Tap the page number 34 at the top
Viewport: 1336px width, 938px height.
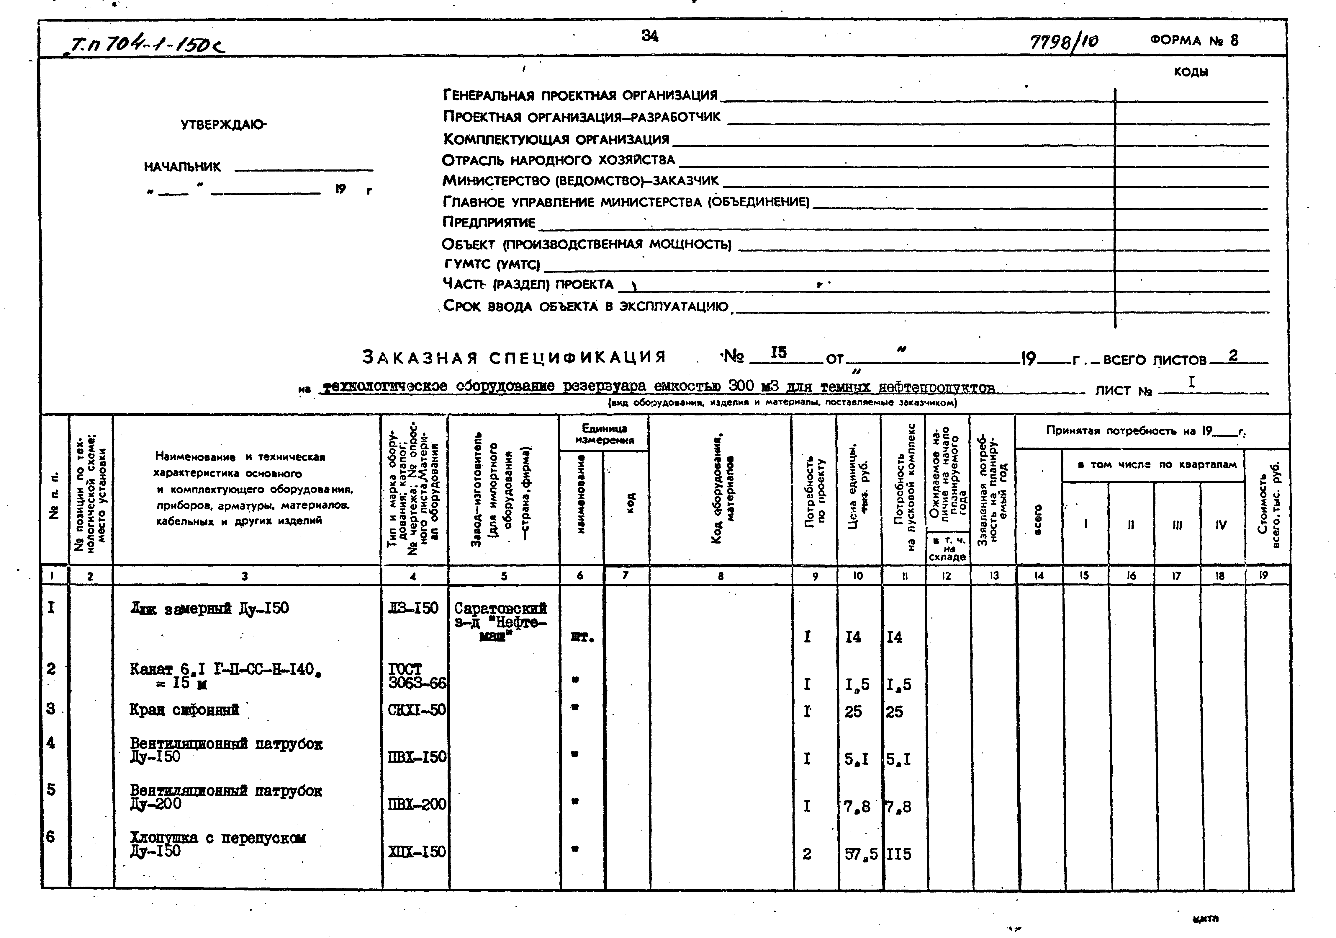tap(650, 36)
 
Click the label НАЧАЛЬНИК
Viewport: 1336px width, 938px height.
tap(183, 167)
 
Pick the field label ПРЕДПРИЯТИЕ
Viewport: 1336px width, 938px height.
tap(489, 222)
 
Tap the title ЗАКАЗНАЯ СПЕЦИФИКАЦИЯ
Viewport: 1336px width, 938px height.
tap(514, 357)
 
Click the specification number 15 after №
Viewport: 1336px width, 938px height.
tap(779, 353)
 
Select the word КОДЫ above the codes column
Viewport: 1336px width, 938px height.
tap(1191, 72)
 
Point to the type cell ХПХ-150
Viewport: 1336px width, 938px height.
tap(417, 852)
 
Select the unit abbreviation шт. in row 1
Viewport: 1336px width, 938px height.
tap(583, 638)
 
